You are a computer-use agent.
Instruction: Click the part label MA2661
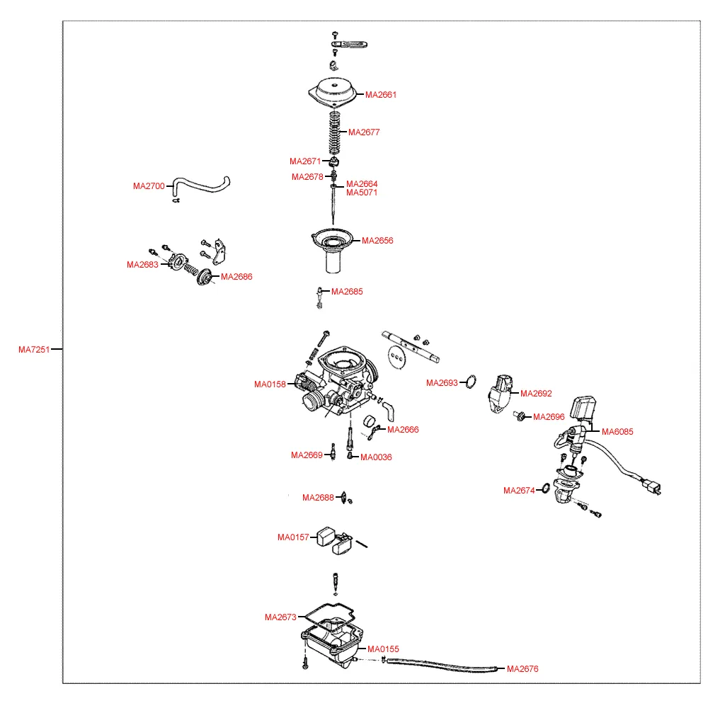point(381,95)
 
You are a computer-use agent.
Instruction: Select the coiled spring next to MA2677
point(333,133)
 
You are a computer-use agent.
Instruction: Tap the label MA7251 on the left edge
point(34,349)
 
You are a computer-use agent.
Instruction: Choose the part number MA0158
point(270,384)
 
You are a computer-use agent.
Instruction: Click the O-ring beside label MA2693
point(470,383)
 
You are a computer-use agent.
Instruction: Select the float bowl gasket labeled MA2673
point(327,614)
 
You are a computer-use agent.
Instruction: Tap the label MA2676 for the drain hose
point(523,668)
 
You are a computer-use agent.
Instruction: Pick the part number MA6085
point(617,431)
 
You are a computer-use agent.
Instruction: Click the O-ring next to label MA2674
point(546,489)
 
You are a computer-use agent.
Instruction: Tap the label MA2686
point(236,277)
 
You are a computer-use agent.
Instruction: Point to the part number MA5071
point(362,193)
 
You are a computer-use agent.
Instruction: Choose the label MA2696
point(549,417)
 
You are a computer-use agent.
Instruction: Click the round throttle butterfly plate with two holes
point(398,357)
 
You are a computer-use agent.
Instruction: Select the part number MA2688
point(318,498)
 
